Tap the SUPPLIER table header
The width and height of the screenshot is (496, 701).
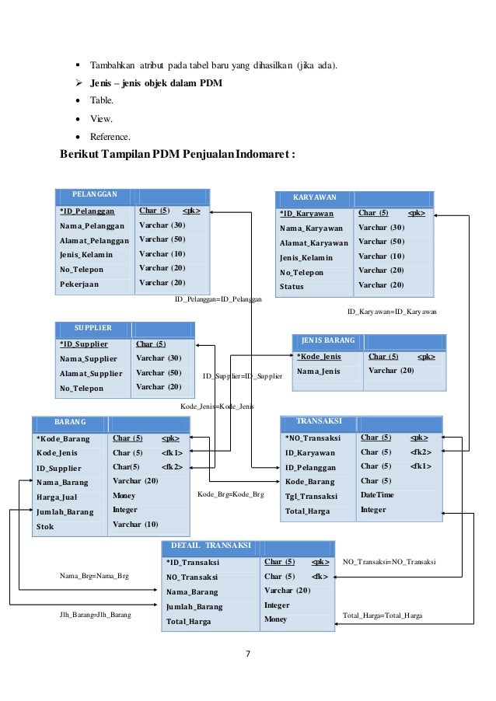point(93,328)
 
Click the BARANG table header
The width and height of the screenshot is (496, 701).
point(70,422)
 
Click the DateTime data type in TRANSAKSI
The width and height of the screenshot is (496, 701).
point(377,495)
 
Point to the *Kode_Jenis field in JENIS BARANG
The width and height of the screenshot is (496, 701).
point(319,357)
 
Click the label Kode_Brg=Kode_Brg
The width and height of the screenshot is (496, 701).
point(231,494)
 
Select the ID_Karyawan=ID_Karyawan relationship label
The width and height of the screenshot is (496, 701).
point(392,311)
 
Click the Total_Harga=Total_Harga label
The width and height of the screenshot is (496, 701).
point(382,615)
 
